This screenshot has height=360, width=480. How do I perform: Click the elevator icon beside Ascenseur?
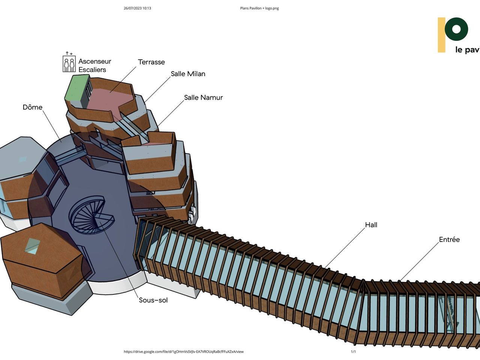(x=69, y=64)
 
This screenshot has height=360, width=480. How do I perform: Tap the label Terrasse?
(x=151, y=62)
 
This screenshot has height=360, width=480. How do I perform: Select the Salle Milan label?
(x=188, y=74)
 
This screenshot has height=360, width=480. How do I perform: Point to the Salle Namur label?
(x=203, y=97)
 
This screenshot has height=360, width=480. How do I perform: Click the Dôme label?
(x=33, y=107)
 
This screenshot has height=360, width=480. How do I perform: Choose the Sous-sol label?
(x=153, y=300)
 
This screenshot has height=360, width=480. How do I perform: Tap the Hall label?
(x=371, y=225)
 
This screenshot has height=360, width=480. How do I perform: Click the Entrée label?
(x=449, y=240)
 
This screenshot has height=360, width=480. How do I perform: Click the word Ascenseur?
(x=94, y=61)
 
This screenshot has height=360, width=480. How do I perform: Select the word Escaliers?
(x=92, y=70)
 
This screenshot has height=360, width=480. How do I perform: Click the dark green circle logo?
(x=456, y=29)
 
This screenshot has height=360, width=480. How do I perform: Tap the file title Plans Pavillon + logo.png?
(x=259, y=8)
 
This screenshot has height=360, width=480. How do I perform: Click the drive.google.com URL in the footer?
(x=183, y=352)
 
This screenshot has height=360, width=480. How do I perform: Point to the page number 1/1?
(x=353, y=352)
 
